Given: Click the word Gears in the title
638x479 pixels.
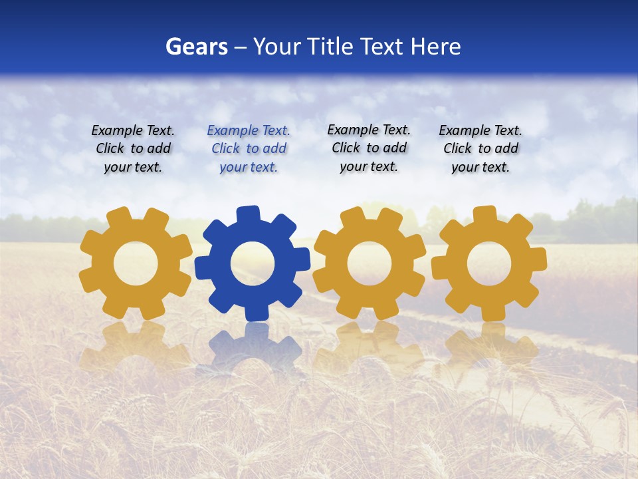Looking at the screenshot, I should click(196, 47).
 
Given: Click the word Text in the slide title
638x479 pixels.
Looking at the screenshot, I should click(382, 47).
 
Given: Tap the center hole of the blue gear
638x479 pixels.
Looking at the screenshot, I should click(253, 263).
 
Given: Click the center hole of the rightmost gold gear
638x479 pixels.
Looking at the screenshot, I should click(488, 263).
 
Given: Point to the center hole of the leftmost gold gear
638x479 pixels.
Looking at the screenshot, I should click(136, 263).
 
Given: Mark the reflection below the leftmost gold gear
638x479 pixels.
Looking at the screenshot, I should click(136, 346).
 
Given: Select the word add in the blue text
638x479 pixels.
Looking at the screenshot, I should click(274, 148).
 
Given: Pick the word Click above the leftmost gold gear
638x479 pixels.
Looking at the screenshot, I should click(110, 148).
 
